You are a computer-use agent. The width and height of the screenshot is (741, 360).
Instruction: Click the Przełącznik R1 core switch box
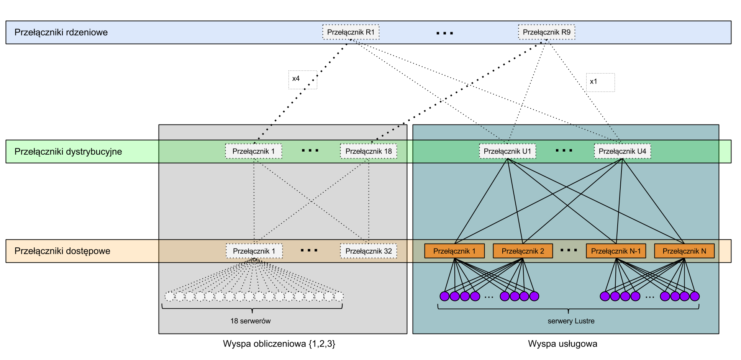tap(351, 32)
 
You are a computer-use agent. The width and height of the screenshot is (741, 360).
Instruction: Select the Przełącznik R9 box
tap(546, 32)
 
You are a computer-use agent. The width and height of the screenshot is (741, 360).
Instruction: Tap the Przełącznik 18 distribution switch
tap(369, 151)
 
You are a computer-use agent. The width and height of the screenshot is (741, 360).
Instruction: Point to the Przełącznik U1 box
tap(507, 151)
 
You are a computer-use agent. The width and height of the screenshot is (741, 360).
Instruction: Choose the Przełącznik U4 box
tap(622, 151)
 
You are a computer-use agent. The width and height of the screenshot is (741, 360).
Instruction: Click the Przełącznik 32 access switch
tap(369, 251)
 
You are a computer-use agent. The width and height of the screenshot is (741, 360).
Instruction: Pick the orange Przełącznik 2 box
tap(523, 251)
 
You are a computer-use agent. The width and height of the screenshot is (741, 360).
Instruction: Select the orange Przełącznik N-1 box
tap(616, 251)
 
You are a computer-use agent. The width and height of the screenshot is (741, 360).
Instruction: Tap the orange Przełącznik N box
tap(684, 251)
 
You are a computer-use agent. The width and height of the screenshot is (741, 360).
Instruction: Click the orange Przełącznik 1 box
tap(454, 251)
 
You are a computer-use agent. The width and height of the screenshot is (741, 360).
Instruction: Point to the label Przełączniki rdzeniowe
tap(61, 33)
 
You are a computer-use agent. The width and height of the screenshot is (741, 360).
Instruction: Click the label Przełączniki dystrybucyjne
tap(68, 152)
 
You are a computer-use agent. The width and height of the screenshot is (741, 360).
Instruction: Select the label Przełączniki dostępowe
tap(62, 251)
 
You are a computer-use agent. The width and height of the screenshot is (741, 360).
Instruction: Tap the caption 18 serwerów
tap(250, 321)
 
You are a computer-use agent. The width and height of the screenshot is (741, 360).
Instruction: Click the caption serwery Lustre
tap(571, 321)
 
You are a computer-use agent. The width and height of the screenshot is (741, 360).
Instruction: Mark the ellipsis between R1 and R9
tap(444, 33)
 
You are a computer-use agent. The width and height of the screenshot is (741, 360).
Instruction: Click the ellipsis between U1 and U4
tap(564, 151)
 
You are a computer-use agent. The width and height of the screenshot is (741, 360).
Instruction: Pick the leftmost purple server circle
tap(444, 296)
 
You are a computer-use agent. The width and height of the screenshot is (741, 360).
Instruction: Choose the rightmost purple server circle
tap(695, 296)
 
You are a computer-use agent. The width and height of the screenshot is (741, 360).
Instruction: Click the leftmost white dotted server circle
tap(170, 296)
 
